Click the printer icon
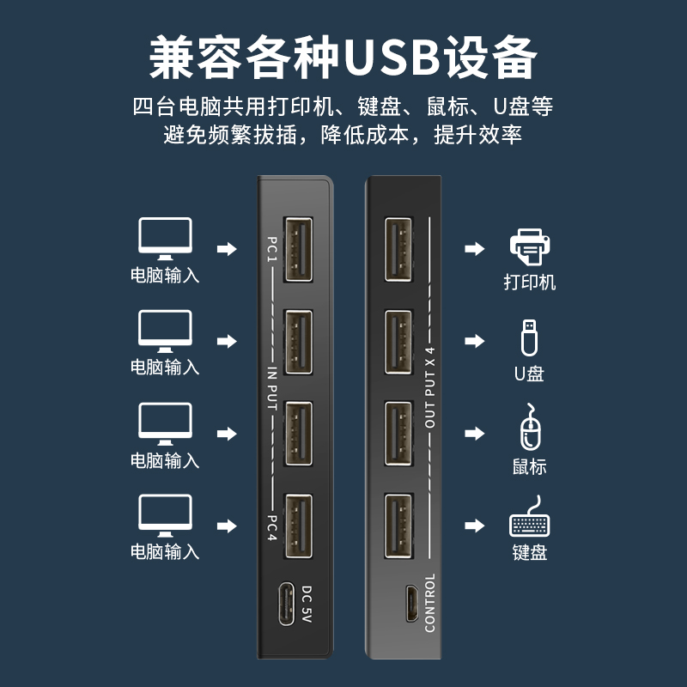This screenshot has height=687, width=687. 529,248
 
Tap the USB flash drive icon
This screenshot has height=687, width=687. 529,337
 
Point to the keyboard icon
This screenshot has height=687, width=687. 530,521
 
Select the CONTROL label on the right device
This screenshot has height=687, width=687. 430,602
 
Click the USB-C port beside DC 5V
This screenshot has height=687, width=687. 283,606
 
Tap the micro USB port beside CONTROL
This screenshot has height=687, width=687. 412,605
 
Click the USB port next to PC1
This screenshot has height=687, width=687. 298,249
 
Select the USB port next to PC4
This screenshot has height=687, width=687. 298,526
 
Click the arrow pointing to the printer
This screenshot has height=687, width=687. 474,249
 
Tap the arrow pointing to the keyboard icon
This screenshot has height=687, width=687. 474,525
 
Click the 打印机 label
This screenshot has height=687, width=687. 529,283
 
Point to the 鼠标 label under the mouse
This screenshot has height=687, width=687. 529,467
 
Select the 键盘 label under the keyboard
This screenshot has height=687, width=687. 529,552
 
